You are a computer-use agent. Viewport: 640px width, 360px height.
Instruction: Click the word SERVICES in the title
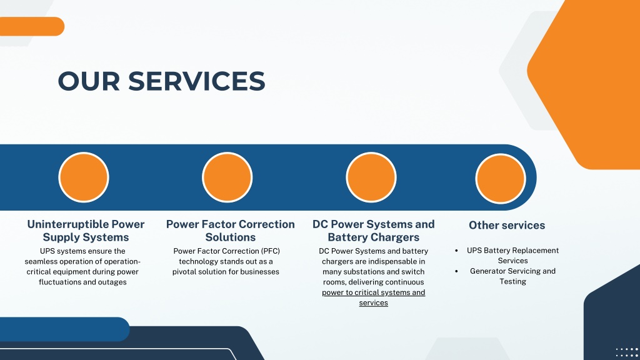tap(197, 81)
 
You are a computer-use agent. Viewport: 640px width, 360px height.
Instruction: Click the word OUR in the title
tap(89, 81)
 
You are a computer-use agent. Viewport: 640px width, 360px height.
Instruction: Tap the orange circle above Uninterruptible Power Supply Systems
tap(84, 177)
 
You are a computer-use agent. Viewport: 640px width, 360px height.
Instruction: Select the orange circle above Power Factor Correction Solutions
tap(227, 177)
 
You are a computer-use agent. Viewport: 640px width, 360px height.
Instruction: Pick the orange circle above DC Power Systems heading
tap(371, 177)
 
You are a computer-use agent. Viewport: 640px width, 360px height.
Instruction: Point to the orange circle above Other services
tap(501, 178)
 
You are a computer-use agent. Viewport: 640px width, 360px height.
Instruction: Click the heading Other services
tap(507, 225)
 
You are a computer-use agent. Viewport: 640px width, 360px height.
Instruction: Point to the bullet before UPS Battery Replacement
tap(456, 251)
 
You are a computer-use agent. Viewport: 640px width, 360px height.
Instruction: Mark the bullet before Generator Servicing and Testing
tap(456, 271)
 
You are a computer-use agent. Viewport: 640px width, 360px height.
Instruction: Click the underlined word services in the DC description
tap(374, 303)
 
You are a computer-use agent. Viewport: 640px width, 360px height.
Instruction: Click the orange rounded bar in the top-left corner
tap(32, 26)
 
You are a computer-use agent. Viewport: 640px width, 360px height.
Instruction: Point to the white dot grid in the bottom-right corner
tap(627, 353)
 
